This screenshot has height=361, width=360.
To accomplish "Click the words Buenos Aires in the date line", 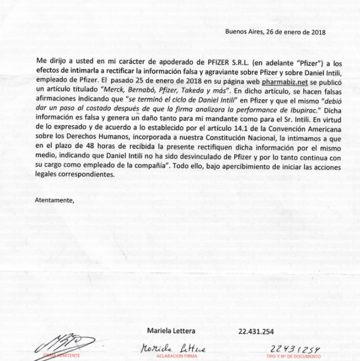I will tap(243, 32).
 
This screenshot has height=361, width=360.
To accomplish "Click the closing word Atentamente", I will tap(54, 199).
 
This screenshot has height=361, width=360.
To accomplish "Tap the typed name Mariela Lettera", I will tap(171, 331).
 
